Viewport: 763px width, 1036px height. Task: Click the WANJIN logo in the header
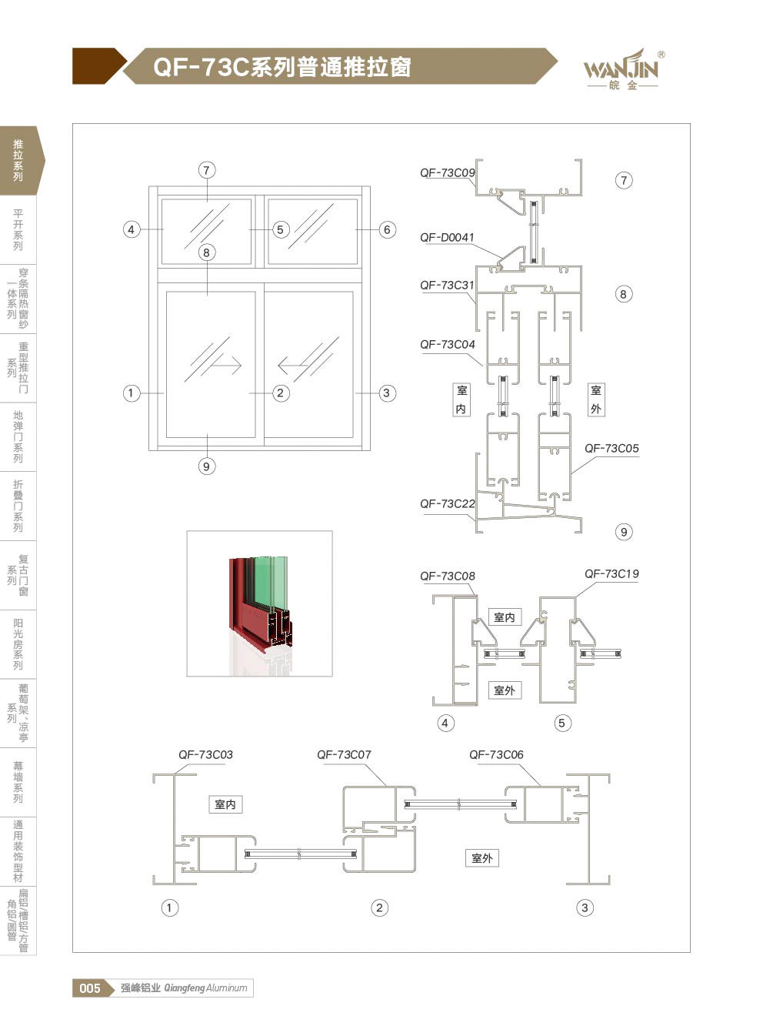pos(621,69)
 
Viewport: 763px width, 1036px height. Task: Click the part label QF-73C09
pos(448,173)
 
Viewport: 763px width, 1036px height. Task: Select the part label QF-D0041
pos(447,238)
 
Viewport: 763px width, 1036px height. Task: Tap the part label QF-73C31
pos(447,286)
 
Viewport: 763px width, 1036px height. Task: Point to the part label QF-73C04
pos(448,345)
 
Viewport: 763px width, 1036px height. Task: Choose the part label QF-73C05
pos(611,448)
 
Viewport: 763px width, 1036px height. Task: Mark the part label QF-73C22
pos(448,503)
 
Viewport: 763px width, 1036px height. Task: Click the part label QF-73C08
pos(448,576)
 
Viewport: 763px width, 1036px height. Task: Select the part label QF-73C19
pos(611,574)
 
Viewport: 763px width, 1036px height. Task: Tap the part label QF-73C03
pos(205,755)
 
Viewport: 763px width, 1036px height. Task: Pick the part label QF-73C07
pos(344,755)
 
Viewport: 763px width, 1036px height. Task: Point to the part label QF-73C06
pos(496,755)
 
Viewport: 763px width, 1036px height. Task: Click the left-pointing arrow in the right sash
pos(295,366)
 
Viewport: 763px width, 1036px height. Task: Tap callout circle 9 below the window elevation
pos(207,466)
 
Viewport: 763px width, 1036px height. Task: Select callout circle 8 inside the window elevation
pos(207,252)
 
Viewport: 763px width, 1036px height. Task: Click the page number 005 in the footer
pos(90,988)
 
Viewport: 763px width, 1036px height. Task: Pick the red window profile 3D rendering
pos(260,604)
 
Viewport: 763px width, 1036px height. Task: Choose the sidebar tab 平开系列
pos(18,229)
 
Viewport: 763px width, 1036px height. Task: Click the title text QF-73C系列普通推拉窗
pos(282,67)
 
